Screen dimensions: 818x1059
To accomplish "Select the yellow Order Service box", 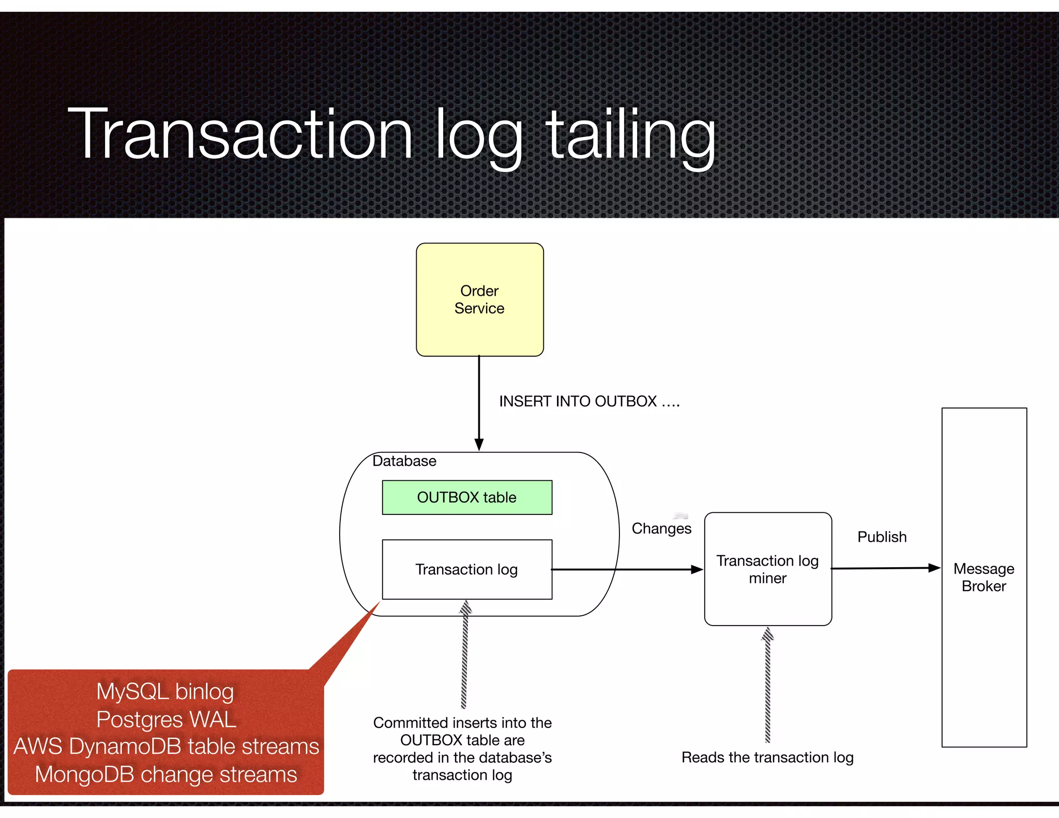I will tap(479, 299).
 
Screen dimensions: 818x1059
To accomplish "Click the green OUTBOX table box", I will tap(466, 497).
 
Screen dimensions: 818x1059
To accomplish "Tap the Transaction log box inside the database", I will tap(466, 569).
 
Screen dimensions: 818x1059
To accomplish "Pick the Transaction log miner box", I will tap(767, 569).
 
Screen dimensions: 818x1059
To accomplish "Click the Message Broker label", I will tap(984, 577).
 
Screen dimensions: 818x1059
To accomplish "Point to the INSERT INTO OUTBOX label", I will tap(589, 401).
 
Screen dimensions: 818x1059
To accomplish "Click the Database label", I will tap(404, 461).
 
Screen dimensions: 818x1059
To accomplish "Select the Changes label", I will tap(661, 528).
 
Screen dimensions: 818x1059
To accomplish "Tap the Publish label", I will tap(882, 537).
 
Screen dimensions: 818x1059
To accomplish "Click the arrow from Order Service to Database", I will tap(479, 403).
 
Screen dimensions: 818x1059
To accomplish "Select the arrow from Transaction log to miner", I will tap(626, 569).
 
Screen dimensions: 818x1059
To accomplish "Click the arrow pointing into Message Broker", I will tap(885, 568).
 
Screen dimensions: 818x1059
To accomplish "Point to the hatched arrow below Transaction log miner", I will tap(767, 685).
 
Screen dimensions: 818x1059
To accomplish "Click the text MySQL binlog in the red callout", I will tap(165, 691).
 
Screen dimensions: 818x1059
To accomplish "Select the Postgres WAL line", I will tap(166, 719).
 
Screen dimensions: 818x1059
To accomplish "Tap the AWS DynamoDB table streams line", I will tap(166, 747).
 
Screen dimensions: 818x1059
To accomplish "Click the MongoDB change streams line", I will tap(166, 775).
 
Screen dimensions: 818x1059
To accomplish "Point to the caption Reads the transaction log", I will tap(767, 758).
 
